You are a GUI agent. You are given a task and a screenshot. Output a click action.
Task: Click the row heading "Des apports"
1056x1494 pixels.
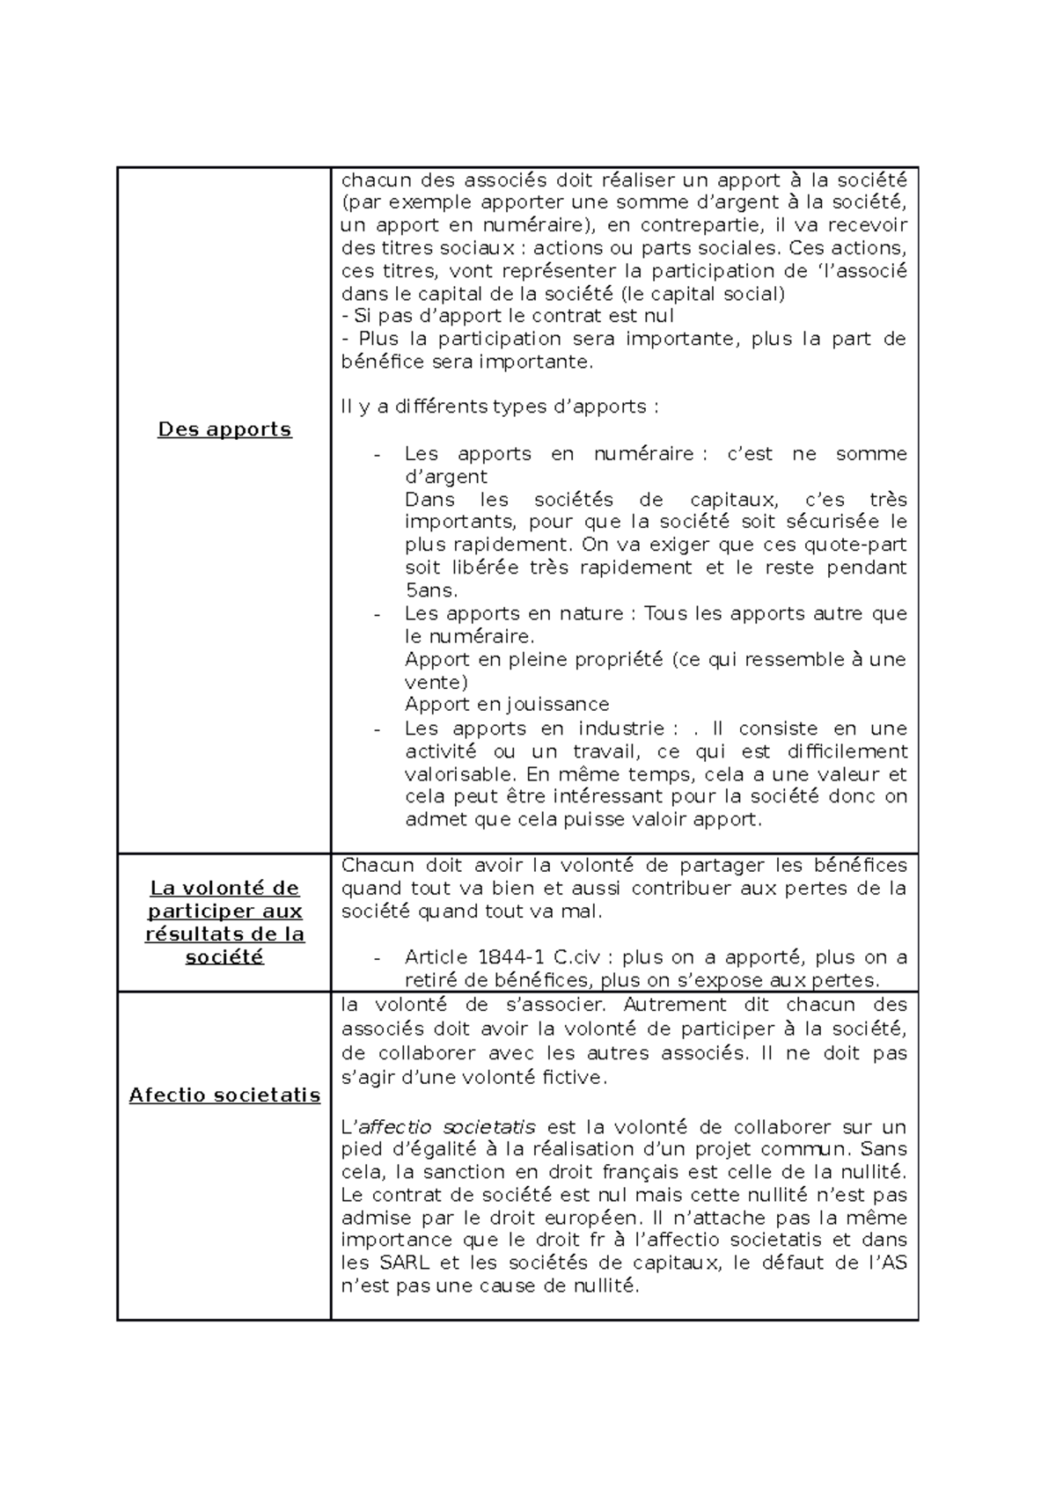224,429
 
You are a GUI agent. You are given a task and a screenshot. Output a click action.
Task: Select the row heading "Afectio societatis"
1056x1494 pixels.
224,1095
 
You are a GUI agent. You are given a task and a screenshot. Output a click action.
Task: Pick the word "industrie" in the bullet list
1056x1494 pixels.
621,729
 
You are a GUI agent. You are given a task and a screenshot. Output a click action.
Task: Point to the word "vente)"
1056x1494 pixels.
436,682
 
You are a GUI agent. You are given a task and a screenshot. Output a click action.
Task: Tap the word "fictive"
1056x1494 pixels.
572,1077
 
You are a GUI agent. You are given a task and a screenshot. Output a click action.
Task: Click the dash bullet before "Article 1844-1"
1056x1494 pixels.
378,958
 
